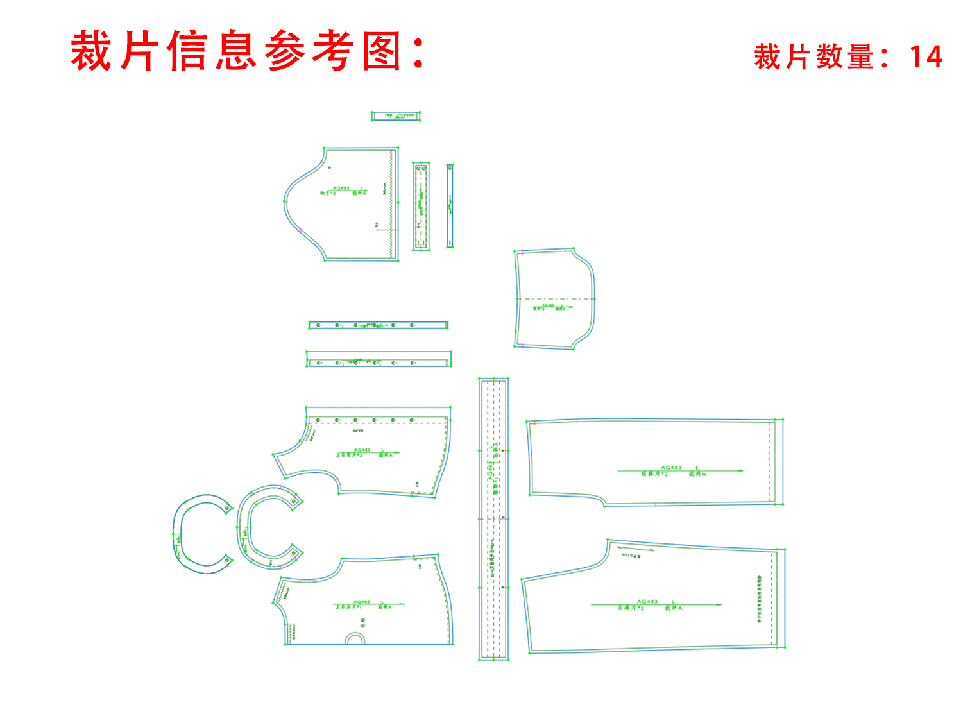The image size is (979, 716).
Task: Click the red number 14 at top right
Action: [926, 57]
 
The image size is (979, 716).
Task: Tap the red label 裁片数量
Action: [814, 57]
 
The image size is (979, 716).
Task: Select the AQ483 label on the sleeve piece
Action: [341, 188]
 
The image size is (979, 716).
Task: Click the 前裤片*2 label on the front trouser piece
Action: [654, 475]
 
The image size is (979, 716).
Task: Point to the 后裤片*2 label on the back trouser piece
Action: [631, 608]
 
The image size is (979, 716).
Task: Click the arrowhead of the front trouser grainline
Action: [740, 471]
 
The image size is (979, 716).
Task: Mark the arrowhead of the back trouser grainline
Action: [719, 604]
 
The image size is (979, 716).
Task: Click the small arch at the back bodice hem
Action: [355, 638]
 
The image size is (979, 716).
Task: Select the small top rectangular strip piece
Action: [396, 116]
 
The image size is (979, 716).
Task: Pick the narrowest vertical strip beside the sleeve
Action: [450, 206]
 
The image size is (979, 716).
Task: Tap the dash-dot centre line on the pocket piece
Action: [556, 298]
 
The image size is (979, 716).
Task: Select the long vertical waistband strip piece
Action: [493, 518]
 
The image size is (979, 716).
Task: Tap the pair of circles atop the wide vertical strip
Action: [421, 168]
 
